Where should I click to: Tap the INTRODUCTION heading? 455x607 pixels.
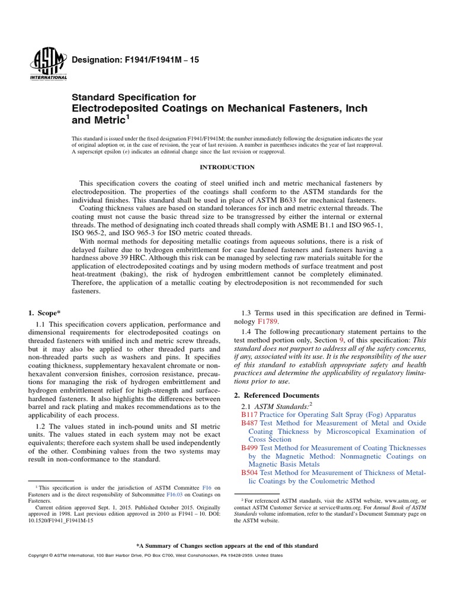227,167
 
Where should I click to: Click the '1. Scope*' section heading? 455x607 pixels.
44,312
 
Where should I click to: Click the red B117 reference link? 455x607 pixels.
248,415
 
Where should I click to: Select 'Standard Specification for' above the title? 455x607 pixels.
133,97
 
